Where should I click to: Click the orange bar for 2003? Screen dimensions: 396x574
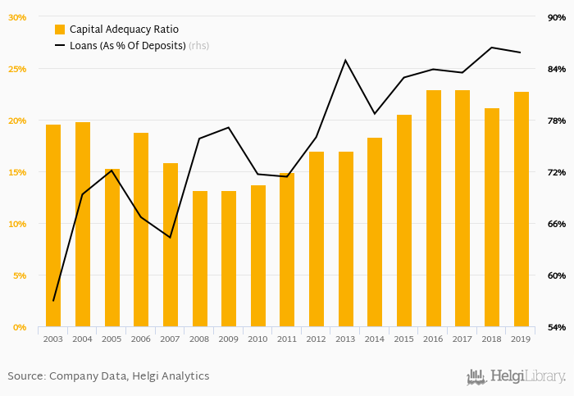click(53, 225)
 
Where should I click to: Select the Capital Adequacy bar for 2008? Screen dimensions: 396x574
click(200, 258)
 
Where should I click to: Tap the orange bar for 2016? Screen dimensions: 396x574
click(434, 208)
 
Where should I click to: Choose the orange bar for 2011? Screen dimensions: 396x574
click(287, 250)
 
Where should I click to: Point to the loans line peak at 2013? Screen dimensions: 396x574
click(345, 60)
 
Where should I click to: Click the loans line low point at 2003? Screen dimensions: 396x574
click(53, 301)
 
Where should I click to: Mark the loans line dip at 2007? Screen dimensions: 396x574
click(170, 238)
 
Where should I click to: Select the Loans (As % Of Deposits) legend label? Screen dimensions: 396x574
click(127, 46)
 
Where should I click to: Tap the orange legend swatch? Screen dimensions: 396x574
click(60, 30)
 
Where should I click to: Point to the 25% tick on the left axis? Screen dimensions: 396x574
click(16, 69)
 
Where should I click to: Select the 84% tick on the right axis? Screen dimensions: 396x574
click(557, 69)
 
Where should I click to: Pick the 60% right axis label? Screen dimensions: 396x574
click(557, 275)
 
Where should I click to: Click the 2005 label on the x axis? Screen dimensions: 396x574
click(112, 339)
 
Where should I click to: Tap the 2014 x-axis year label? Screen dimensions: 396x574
click(375, 339)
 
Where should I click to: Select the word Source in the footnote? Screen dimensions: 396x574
click(25, 376)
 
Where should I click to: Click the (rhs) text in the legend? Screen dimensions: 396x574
click(198, 46)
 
